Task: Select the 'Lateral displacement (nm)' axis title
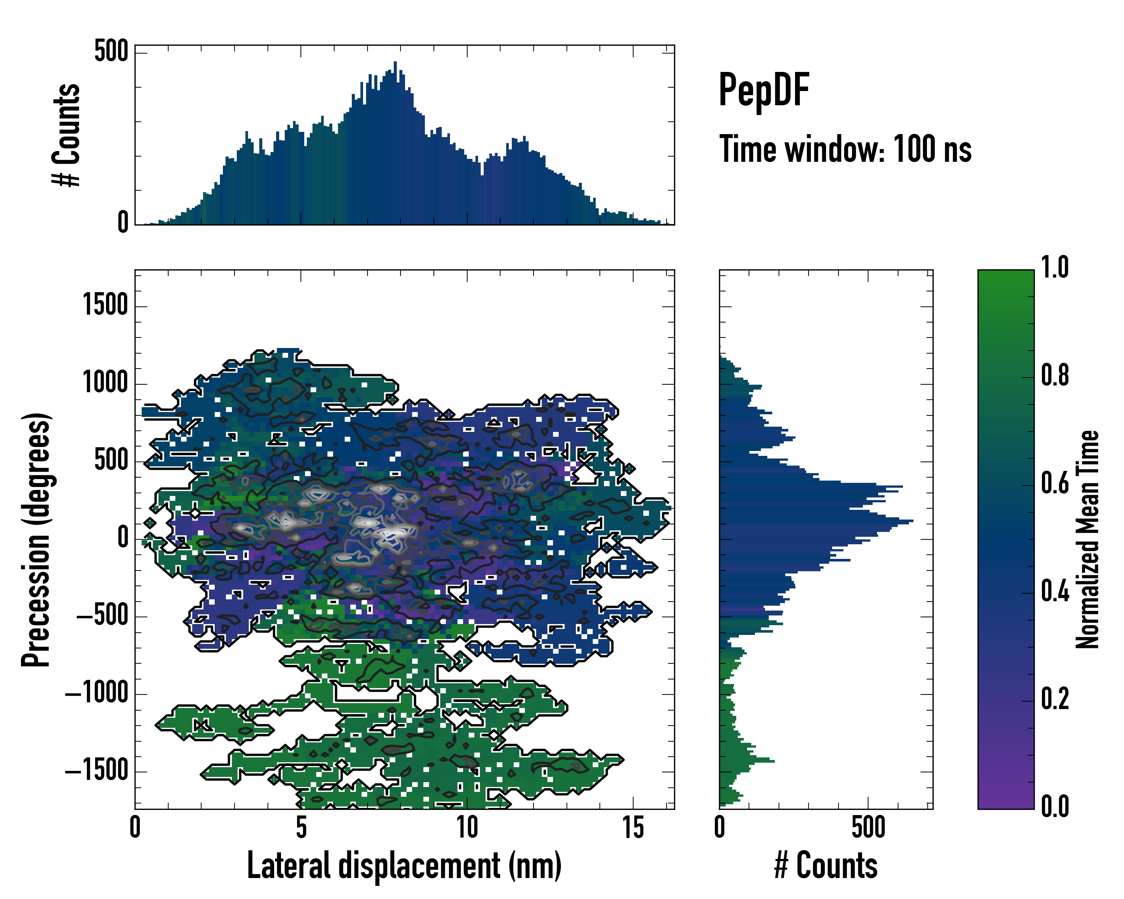pyautogui.click(x=404, y=866)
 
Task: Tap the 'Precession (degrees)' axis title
pyautogui.click(x=36, y=539)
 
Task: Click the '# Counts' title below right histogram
pyautogui.click(x=826, y=866)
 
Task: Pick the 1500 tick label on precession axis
pyautogui.click(x=106, y=305)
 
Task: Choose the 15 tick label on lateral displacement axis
pyautogui.click(x=633, y=827)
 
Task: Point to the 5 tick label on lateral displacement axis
pyautogui.click(x=301, y=827)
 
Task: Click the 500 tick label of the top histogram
pyautogui.click(x=111, y=52)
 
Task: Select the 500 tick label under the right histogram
pyautogui.click(x=868, y=827)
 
